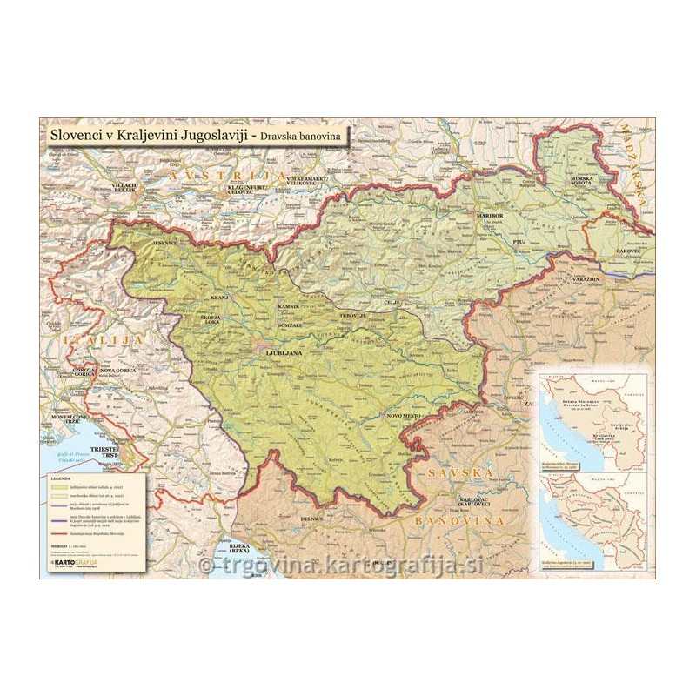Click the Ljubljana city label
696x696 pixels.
click(283, 353)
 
